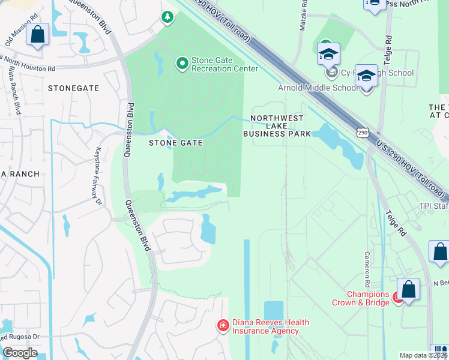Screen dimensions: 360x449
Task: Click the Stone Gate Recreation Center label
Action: tap(224, 64)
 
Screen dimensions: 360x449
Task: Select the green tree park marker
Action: tap(167, 18)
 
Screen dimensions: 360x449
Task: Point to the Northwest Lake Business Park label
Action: tap(277, 126)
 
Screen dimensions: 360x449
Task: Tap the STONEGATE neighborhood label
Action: tap(73, 88)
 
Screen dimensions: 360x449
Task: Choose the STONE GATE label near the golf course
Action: tap(175, 143)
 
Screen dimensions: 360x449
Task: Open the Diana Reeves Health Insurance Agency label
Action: tap(270, 326)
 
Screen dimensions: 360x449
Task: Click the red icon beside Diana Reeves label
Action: tap(223, 326)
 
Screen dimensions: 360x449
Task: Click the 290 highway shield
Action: tap(361, 131)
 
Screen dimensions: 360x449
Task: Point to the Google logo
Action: tap(20, 353)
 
